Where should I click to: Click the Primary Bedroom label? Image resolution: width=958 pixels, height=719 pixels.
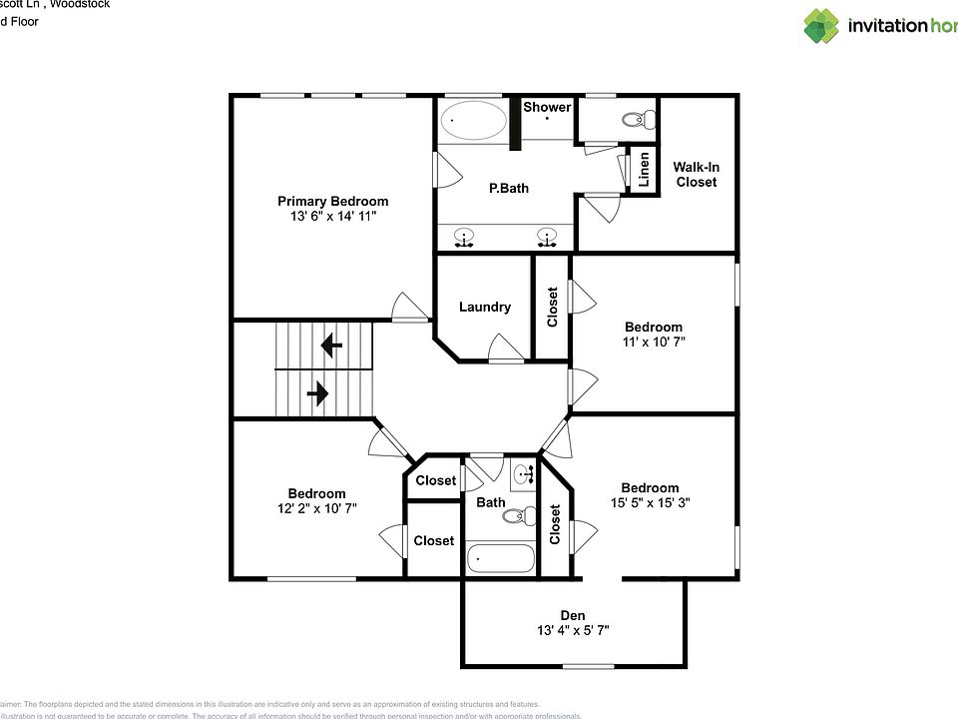332,201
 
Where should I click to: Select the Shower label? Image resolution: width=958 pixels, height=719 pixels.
547,107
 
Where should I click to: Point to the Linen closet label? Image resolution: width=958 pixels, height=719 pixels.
645,171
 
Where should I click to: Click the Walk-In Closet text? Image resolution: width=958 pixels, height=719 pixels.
696,175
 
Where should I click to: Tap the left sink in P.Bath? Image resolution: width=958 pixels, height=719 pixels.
464,238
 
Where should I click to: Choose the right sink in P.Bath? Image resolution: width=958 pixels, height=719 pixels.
546,238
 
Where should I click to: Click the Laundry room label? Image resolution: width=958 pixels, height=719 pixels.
485,307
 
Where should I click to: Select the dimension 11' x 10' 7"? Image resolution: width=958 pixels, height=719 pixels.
654,342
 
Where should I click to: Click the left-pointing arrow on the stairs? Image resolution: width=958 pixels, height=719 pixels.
329,347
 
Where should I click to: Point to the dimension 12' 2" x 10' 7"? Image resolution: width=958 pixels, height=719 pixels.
316,508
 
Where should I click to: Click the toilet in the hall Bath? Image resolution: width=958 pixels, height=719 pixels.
514,516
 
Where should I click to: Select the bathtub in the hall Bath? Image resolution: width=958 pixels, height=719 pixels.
499,558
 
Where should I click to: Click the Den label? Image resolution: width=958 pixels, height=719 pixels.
572,615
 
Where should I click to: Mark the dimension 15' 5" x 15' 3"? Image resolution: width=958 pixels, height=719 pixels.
650,503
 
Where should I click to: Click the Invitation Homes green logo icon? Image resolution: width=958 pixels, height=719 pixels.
821,26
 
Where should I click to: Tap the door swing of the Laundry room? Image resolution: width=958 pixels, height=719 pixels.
505,350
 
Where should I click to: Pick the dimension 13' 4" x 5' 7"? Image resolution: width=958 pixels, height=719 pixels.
572,630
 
